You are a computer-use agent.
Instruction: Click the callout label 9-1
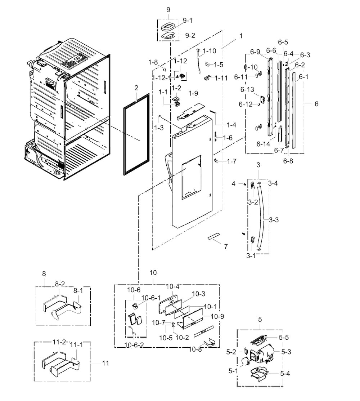(x=188, y=21)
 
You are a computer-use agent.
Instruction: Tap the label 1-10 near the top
(x=209, y=51)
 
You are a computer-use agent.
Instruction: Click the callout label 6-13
(x=247, y=89)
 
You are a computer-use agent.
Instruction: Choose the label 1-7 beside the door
(x=231, y=161)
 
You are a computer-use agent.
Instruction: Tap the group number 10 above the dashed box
(x=153, y=273)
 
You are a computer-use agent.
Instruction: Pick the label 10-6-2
(x=134, y=345)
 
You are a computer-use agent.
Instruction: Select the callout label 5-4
(x=285, y=374)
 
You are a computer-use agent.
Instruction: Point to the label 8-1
(x=78, y=291)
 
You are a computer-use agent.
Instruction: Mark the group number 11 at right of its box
(x=105, y=363)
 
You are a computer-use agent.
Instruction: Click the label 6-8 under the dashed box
(x=288, y=161)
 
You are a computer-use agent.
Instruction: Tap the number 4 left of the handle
(x=233, y=184)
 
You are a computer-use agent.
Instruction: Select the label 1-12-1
(x=162, y=78)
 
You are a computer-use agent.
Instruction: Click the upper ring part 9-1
(x=169, y=26)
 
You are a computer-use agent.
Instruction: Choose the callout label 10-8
(x=195, y=349)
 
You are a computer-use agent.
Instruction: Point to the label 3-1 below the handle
(x=251, y=255)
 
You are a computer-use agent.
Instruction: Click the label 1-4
(x=231, y=125)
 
